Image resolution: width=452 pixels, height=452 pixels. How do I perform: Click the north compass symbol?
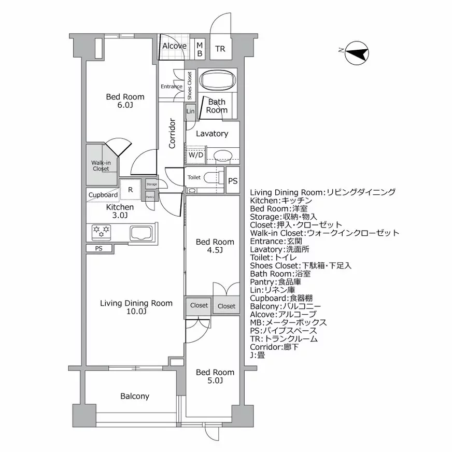pyautogui.click(x=356, y=53)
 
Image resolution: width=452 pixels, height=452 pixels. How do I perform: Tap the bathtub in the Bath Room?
pyautogui.click(x=218, y=81)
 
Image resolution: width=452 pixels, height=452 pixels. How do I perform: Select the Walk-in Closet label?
pyautogui.click(x=101, y=165)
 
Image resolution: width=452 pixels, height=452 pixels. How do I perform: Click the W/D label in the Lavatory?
pyautogui.click(x=195, y=154)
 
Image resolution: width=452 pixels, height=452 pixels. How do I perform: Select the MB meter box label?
pyautogui.click(x=199, y=50)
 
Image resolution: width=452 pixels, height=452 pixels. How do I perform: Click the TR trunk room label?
pyautogui.click(x=220, y=49)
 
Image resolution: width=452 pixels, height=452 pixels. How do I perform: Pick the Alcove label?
pyautogui.click(x=174, y=46)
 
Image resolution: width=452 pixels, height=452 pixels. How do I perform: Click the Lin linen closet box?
pyautogui.click(x=190, y=111)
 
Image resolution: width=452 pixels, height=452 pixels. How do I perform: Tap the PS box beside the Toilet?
pyautogui.click(x=233, y=181)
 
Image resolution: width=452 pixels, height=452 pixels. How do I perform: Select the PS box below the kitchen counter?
pyautogui.click(x=99, y=248)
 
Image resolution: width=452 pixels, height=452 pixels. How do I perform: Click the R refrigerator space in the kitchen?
pyautogui.click(x=131, y=189)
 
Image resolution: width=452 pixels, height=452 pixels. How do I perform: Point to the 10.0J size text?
pyautogui.click(x=136, y=312)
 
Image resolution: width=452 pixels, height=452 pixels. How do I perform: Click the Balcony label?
pyautogui.click(x=135, y=396)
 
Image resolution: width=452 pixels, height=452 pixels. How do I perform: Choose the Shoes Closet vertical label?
pyautogui.click(x=190, y=86)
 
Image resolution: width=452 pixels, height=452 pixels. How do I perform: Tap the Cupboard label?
pyautogui.click(x=103, y=195)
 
